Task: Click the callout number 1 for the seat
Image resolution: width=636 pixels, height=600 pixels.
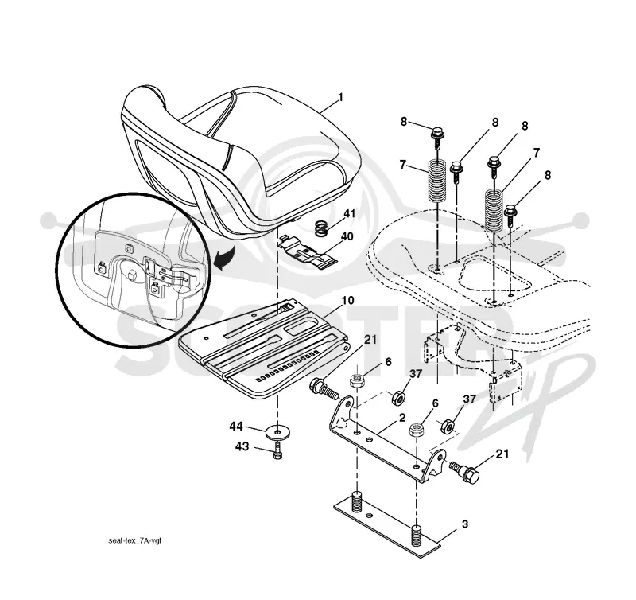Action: click(341, 97)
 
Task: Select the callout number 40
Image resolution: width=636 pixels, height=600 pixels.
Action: click(347, 236)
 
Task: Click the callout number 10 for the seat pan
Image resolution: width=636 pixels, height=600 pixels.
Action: click(347, 301)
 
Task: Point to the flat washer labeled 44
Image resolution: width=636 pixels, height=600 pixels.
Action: click(277, 431)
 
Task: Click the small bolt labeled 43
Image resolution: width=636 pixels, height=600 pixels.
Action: click(277, 450)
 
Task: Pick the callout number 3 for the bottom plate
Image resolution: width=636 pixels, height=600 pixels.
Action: click(465, 524)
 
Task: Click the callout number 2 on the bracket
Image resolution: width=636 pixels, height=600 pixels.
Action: click(402, 418)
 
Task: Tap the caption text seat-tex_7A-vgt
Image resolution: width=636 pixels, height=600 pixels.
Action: click(134, 541)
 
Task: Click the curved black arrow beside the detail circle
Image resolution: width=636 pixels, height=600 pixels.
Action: click(224, 259)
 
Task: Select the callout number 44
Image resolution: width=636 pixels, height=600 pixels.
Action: click(236, 427)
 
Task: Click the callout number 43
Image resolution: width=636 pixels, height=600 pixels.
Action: click(242, 446)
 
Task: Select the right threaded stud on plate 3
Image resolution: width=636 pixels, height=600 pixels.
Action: click(417, 537)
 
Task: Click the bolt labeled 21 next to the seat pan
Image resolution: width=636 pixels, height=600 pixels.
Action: click(324, 389)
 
